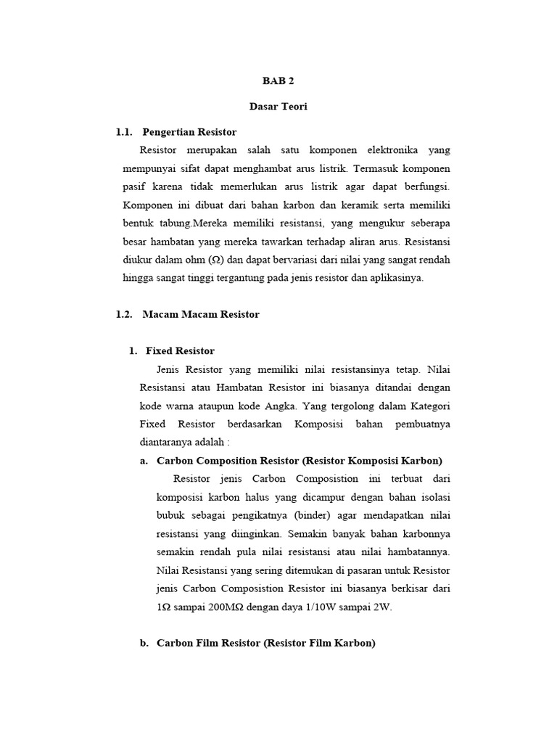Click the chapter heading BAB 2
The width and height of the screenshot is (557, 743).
click(x=278, y=81)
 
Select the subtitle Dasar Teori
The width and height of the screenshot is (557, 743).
click(x=278, y=106)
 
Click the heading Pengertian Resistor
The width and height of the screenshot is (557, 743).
click(x=189, y=131)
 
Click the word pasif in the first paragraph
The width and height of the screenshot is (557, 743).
click(x=133, y=187)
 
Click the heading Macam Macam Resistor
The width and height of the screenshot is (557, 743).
click(x=201, y=314)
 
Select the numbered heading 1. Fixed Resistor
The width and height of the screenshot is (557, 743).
click(x=172, y=350)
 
